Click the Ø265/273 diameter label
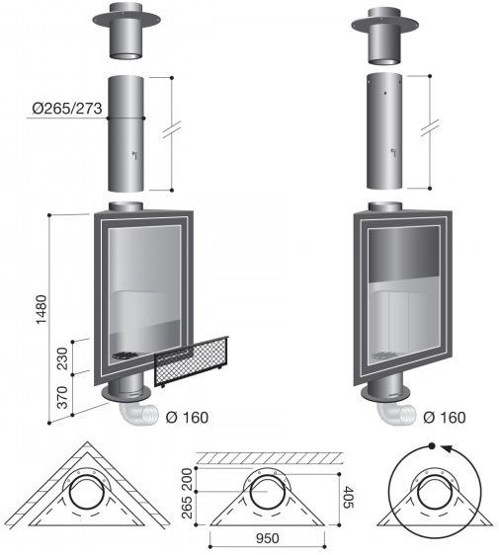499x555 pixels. (x=67, y=109)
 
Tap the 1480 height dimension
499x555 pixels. (x=42, y=309)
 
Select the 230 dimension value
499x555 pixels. (x=62, y=358)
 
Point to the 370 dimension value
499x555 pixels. (x=62, y=397)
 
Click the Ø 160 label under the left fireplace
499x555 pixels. (x=187, y=418)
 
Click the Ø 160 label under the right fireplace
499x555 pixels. (x=445, y=418)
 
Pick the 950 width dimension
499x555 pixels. (x=268, y=538)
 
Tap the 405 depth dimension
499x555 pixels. (x=348, y=497)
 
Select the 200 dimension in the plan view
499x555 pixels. (x=187, y=479)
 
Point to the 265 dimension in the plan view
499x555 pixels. (x=187, y=508)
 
